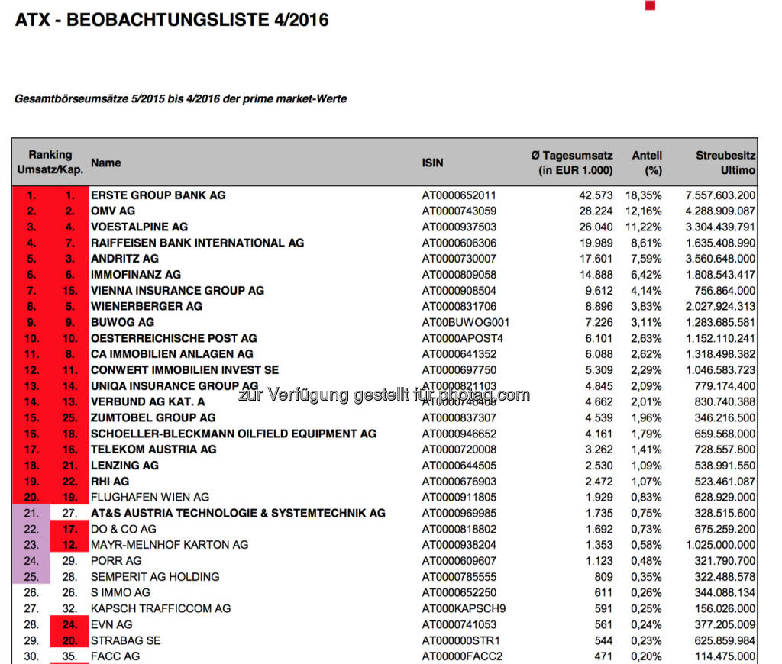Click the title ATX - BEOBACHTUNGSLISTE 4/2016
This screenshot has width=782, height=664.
coord(172,20)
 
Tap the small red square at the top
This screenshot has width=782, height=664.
coord(650,5)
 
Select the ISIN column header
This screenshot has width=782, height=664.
coord(432,163)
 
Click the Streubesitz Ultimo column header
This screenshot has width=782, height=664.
coord(725,163)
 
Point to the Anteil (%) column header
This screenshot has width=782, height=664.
coord(647,163)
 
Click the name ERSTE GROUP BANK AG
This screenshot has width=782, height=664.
coord(158,195)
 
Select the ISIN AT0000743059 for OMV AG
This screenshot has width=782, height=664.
coord(459,211)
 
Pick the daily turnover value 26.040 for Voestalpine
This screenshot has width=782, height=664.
coord(596,227)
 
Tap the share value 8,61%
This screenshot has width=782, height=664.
coord(646,243)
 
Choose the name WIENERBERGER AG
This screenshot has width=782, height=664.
coord(147,306)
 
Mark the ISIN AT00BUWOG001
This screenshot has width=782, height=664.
coord(465,322)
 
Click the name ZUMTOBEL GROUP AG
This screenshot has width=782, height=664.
coord(153,417)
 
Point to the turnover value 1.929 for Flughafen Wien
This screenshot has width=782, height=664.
coord(599,497)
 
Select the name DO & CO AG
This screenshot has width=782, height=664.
coord(123,529)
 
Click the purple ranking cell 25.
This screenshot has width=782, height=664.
coord(31,576)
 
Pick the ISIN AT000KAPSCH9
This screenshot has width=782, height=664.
coord(464,608)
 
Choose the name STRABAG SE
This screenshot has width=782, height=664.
coord(125,640)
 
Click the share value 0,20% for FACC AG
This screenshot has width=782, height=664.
coord(646,656)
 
